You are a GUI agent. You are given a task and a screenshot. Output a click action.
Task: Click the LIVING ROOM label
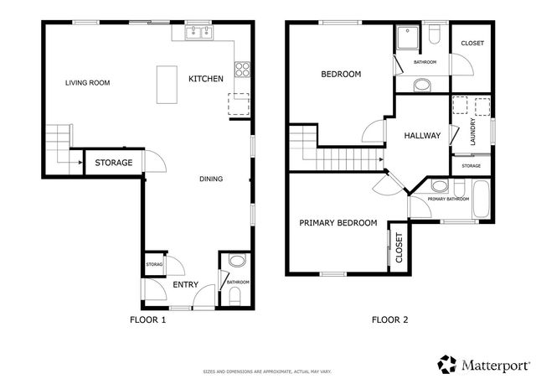pos(88,82)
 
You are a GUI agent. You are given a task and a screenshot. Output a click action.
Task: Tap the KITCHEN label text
pos(205,79)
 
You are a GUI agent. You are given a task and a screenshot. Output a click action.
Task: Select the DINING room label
pos(210,179)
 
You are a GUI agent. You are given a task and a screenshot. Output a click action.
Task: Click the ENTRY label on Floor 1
pos(185,285)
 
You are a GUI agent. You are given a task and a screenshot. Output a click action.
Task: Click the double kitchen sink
pos(199,34)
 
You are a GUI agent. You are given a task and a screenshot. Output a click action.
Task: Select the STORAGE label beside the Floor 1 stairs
pos(113,163)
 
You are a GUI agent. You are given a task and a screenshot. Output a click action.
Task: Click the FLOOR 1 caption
pos(148,319)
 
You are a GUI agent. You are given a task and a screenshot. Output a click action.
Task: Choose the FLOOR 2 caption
pos(389,319)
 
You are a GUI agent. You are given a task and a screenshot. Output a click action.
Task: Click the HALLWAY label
pos(421,136)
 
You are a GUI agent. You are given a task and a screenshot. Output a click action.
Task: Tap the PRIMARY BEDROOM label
pos(338,223)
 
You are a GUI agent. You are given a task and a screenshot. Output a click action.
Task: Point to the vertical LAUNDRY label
pos(473,132)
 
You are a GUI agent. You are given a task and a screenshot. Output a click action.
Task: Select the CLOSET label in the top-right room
pos(472,44)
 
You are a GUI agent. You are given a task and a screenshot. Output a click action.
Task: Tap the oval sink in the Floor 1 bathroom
pos(235,261)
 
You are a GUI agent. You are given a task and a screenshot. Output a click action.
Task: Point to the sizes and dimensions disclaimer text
pos(267,370)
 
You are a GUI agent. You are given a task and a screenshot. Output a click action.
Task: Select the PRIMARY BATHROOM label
pos(448,200)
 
